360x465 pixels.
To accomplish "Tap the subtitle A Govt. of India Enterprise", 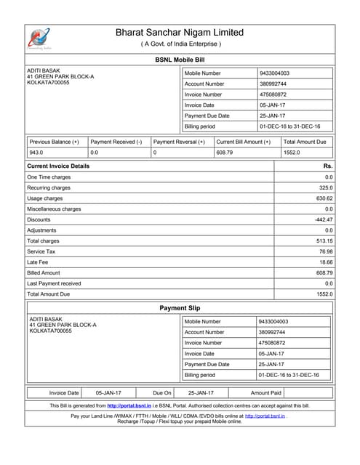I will click(180, 44).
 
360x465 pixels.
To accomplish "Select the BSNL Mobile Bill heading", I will click(180, 60).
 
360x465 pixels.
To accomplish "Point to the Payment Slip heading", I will click(180, 308).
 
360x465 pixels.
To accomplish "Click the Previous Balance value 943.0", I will click(36, 153).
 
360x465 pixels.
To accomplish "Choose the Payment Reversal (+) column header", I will click(180, 142).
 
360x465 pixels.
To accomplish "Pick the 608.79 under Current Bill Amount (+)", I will click(225, 153).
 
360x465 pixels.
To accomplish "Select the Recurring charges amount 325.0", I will click(325, 187).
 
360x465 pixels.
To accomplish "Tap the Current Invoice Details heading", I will click(58, 166).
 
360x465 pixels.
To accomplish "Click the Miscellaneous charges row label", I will click(54, 209).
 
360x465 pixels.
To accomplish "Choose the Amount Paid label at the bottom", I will click(266, 392).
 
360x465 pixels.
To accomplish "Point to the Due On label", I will click(162, 392).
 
